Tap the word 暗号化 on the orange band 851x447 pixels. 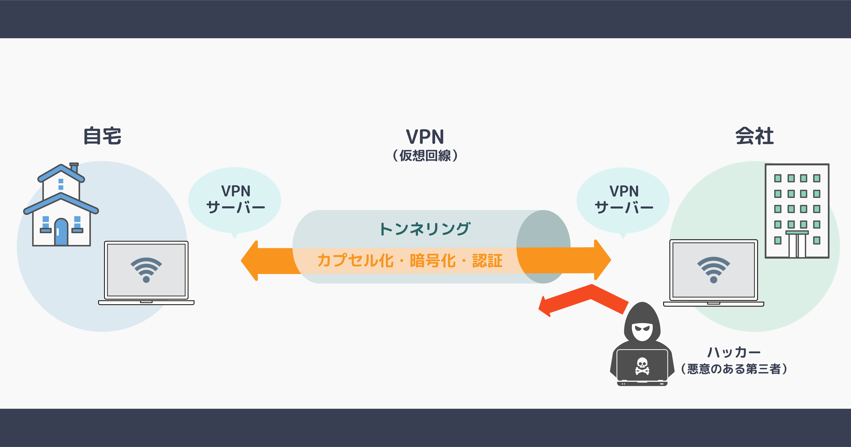coord(432,261)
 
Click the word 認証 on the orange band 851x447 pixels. coord(487,261)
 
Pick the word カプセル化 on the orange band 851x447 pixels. coord(355,261)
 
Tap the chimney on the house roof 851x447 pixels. coord(74,168)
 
